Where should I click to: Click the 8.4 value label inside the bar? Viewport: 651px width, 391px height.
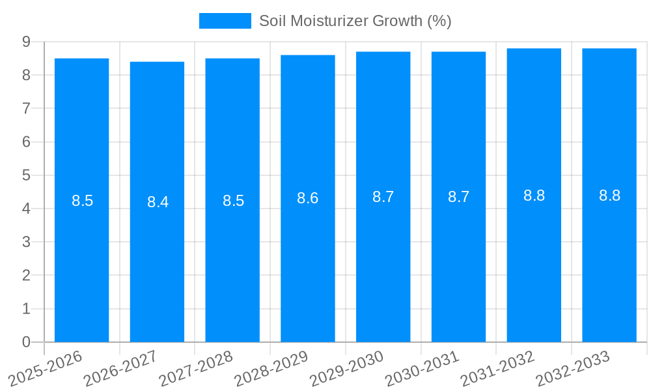tap(158, 202)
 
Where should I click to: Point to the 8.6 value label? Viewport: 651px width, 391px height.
tap(308, 198)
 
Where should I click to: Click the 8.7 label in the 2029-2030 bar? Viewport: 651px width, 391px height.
tap(383, 197)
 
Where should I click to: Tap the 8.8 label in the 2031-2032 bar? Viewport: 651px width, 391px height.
tap(534, 195)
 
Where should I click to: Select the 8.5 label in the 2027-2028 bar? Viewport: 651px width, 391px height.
tap(233, 201)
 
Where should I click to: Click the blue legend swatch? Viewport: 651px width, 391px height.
tap(225, 21)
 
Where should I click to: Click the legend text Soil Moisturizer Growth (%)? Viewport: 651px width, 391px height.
tap(355, 21)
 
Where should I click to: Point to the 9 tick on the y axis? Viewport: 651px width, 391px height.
tap(26, 42)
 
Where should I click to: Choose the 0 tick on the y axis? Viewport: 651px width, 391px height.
tap(26, 342)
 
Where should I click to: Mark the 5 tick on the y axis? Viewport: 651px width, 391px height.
tap(26, 175)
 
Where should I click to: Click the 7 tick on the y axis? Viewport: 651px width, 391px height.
tap(26, 108)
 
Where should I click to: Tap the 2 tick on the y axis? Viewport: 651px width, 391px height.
tap(26, 276)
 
